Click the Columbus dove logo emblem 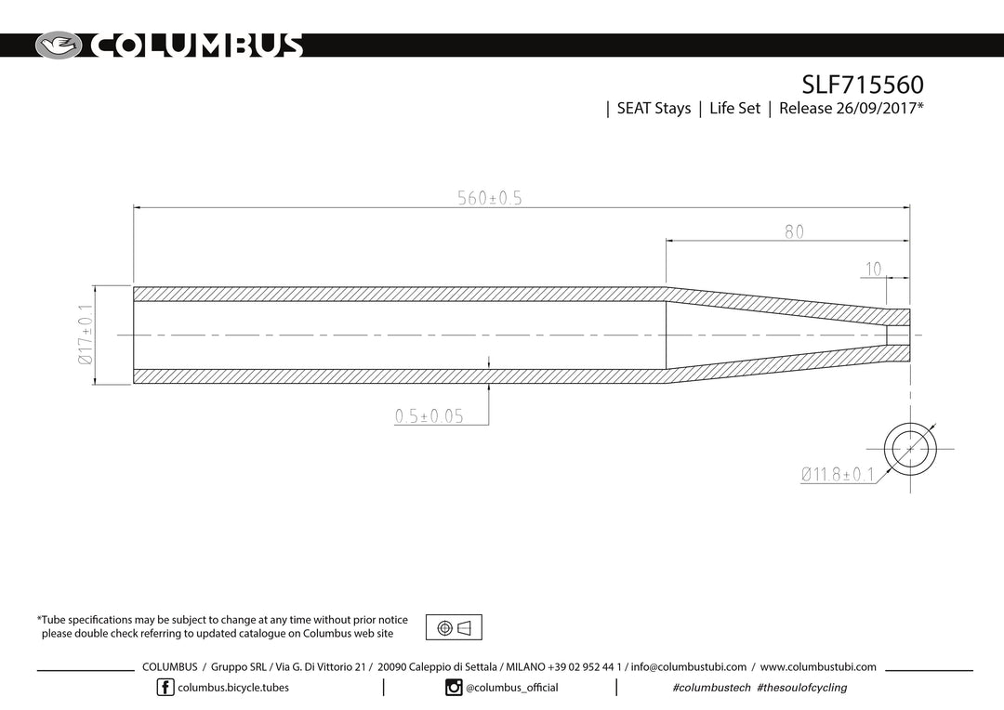coord(59,46)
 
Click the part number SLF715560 coord(863,85)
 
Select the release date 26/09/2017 coord(877,108)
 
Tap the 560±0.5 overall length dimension coord(490,198)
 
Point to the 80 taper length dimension coord(794,231)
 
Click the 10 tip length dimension coord(873,269)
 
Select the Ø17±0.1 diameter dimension coord(86,335)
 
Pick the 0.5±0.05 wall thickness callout coord(429,416)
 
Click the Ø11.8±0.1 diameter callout coord(838,474)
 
